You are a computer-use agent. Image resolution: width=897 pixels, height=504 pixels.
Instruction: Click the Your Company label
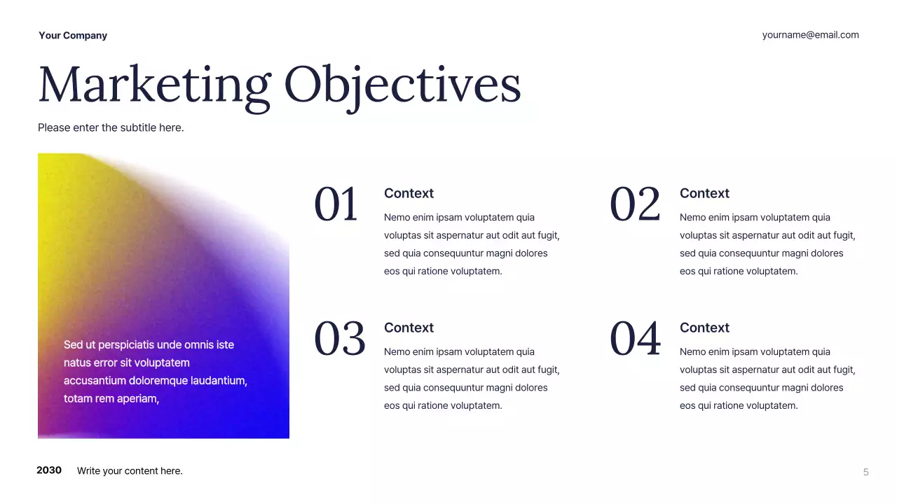73,36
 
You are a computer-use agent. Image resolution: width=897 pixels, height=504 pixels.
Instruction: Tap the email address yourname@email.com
810,35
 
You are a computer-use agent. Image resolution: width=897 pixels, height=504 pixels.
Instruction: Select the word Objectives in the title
402,85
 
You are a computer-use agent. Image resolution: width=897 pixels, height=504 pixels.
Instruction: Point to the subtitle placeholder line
111,127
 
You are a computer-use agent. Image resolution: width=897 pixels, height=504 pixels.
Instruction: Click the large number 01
336,205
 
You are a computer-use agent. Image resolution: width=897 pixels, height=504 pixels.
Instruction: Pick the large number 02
635,205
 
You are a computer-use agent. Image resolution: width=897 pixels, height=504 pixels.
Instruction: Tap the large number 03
339,339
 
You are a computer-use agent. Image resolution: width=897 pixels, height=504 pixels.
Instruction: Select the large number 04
635,339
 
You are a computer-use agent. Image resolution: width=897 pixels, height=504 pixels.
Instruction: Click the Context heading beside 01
409,193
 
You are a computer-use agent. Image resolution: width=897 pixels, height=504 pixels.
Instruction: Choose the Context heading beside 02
704,193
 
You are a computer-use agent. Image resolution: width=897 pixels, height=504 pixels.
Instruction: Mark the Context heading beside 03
409,328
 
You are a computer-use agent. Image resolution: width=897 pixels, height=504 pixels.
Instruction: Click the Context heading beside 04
704,328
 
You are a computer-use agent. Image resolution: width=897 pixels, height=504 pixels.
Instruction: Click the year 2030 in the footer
49,470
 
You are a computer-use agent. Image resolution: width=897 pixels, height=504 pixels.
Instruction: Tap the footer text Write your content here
130,471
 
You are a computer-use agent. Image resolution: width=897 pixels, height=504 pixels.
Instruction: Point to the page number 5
865,472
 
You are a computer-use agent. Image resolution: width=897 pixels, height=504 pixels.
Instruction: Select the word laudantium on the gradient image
215,381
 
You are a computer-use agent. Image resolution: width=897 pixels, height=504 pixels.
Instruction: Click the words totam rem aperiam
111,399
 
